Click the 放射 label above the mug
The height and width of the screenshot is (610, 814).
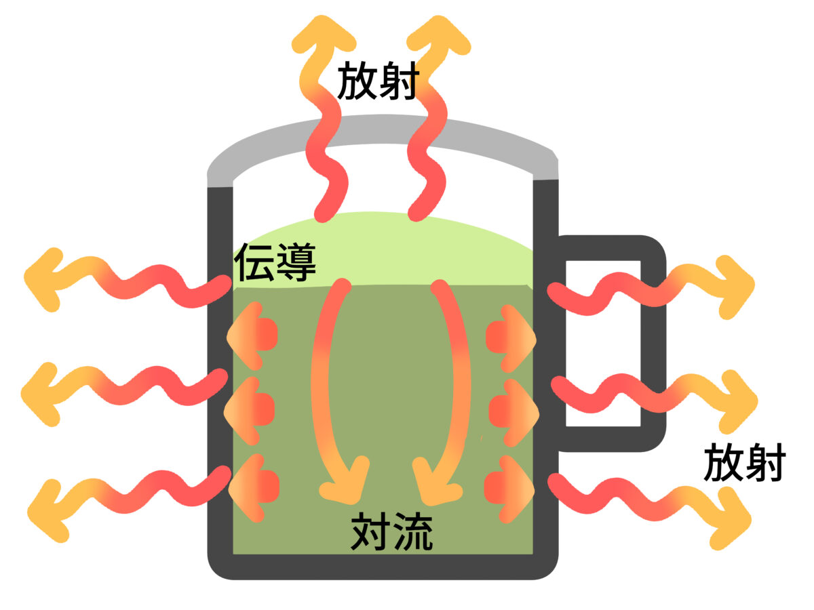coord(376,81)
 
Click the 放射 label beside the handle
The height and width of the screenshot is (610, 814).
coord(744,463)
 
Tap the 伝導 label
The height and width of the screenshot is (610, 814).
coord(275,262)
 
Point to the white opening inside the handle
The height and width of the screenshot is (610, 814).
coord(603,342)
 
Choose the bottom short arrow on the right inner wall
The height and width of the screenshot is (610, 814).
coord(513,487)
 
